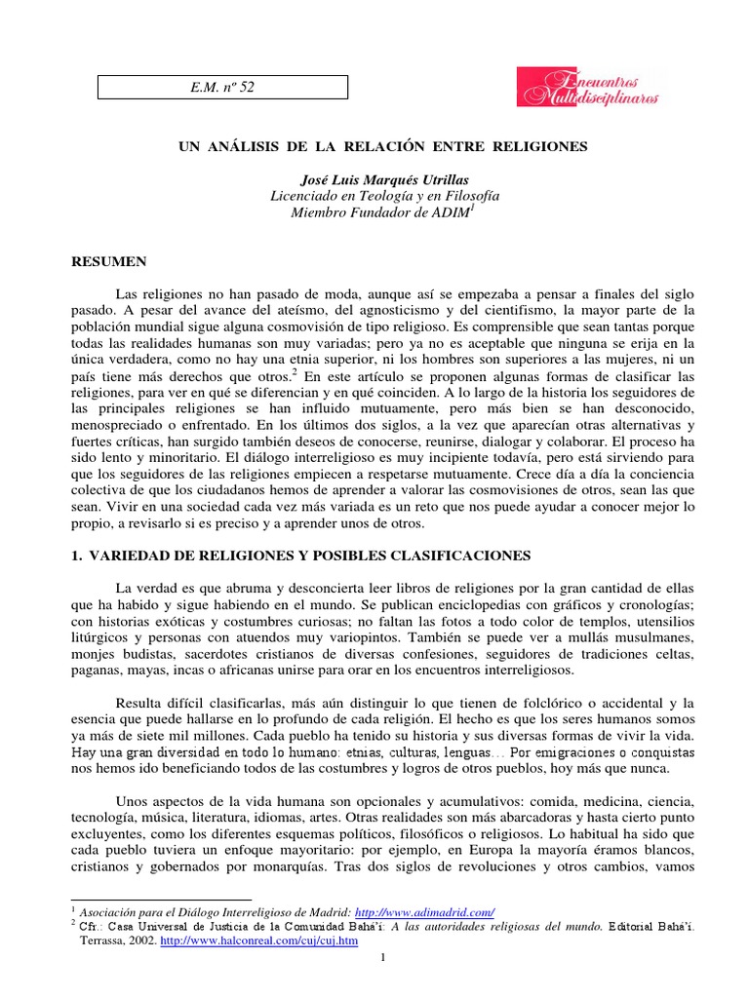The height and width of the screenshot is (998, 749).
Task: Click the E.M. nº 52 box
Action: click(222, 88)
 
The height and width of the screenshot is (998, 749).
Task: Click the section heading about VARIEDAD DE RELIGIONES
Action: click(302, 556)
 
